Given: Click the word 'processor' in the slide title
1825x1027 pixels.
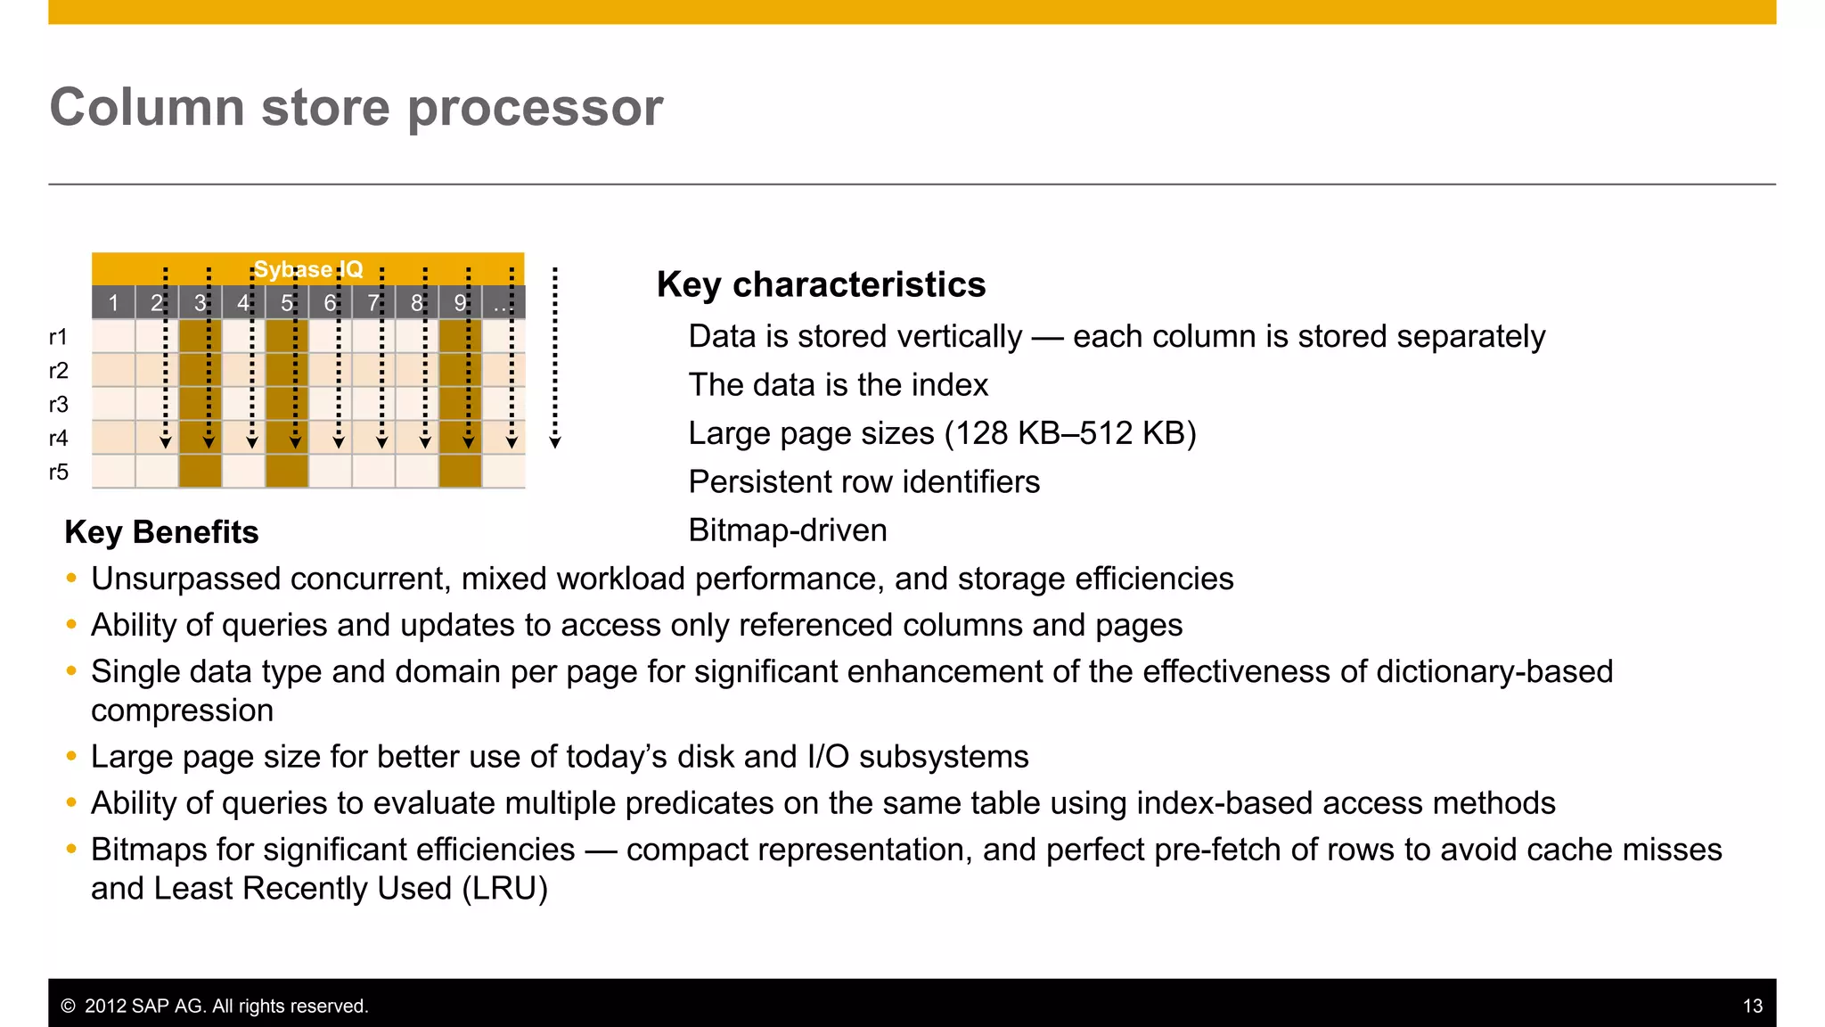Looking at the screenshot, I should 535,109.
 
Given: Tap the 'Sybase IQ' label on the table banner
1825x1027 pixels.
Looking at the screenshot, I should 308,269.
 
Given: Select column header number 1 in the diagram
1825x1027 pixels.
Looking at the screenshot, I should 113,303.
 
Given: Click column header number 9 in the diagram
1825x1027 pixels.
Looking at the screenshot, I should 460,303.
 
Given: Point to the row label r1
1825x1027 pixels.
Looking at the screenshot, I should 58,337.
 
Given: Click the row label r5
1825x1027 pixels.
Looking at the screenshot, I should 58,472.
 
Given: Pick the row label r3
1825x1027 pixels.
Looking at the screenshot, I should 58,405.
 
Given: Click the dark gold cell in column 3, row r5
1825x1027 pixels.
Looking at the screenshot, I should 201,471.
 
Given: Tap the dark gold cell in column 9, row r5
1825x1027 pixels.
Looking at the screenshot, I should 460,471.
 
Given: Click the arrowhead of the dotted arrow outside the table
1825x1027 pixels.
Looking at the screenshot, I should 555,442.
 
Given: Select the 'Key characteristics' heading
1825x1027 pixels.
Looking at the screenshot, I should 821,284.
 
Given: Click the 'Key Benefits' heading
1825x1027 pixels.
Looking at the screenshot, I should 161,532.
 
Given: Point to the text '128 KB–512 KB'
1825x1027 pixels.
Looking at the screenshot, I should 1069,433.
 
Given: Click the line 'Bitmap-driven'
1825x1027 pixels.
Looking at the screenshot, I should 788,530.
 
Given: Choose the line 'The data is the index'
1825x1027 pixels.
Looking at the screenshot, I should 838,385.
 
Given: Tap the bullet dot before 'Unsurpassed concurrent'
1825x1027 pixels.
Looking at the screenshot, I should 71,579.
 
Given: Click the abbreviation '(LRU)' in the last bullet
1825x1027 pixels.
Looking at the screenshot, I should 504,889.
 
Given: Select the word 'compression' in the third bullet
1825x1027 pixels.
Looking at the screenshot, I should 182,711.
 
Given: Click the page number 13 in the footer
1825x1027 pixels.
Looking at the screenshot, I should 1752,1006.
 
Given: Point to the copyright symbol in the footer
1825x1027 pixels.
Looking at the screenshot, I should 68,1006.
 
